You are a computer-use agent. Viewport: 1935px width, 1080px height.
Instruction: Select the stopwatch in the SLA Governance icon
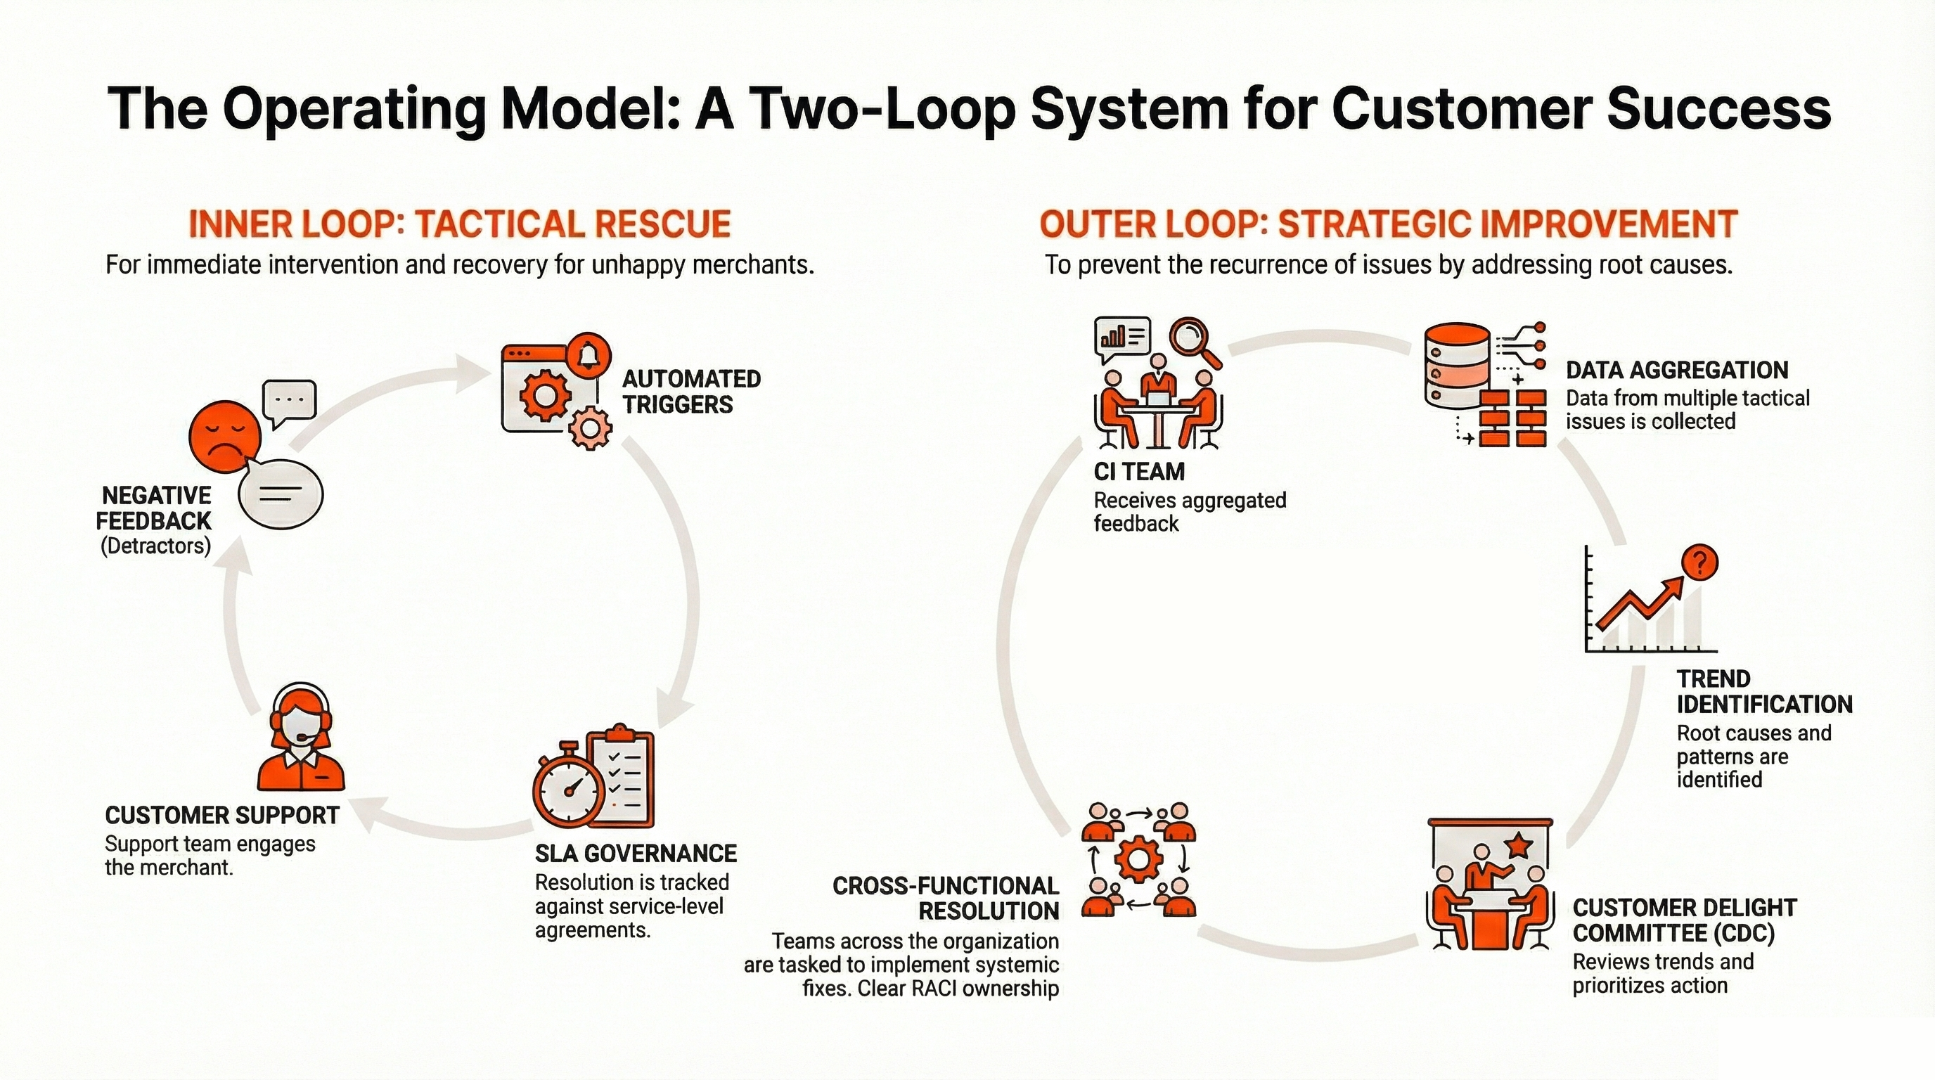pyautogui.click(x=569, y=795)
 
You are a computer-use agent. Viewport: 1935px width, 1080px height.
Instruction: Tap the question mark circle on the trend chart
pyautogui.click(x=1700, y=562)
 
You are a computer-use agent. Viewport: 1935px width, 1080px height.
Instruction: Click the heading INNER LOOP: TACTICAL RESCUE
pyautogui.click(x=459, y=224)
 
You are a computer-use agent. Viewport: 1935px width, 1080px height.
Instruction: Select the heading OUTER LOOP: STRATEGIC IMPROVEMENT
pyautogui.click(x=1388, y=224)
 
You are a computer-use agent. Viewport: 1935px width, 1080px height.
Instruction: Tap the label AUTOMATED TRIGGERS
pyautogui.click(x=691, y=392)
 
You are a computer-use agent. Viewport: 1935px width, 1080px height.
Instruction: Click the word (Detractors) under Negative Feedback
pyautogui.click(x=155, y=546)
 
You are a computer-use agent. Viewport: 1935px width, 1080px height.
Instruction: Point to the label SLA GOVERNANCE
pyautogui.click(x=636, y=853)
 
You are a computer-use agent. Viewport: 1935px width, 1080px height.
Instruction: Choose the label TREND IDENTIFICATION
pyautogui.click(x=1763, y=692)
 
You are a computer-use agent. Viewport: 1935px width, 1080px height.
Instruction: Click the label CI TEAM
pyautogui.click(x=1139, y=472)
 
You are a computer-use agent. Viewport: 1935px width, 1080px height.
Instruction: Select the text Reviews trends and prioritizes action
pyautogui.click(x=1662, y=973)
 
